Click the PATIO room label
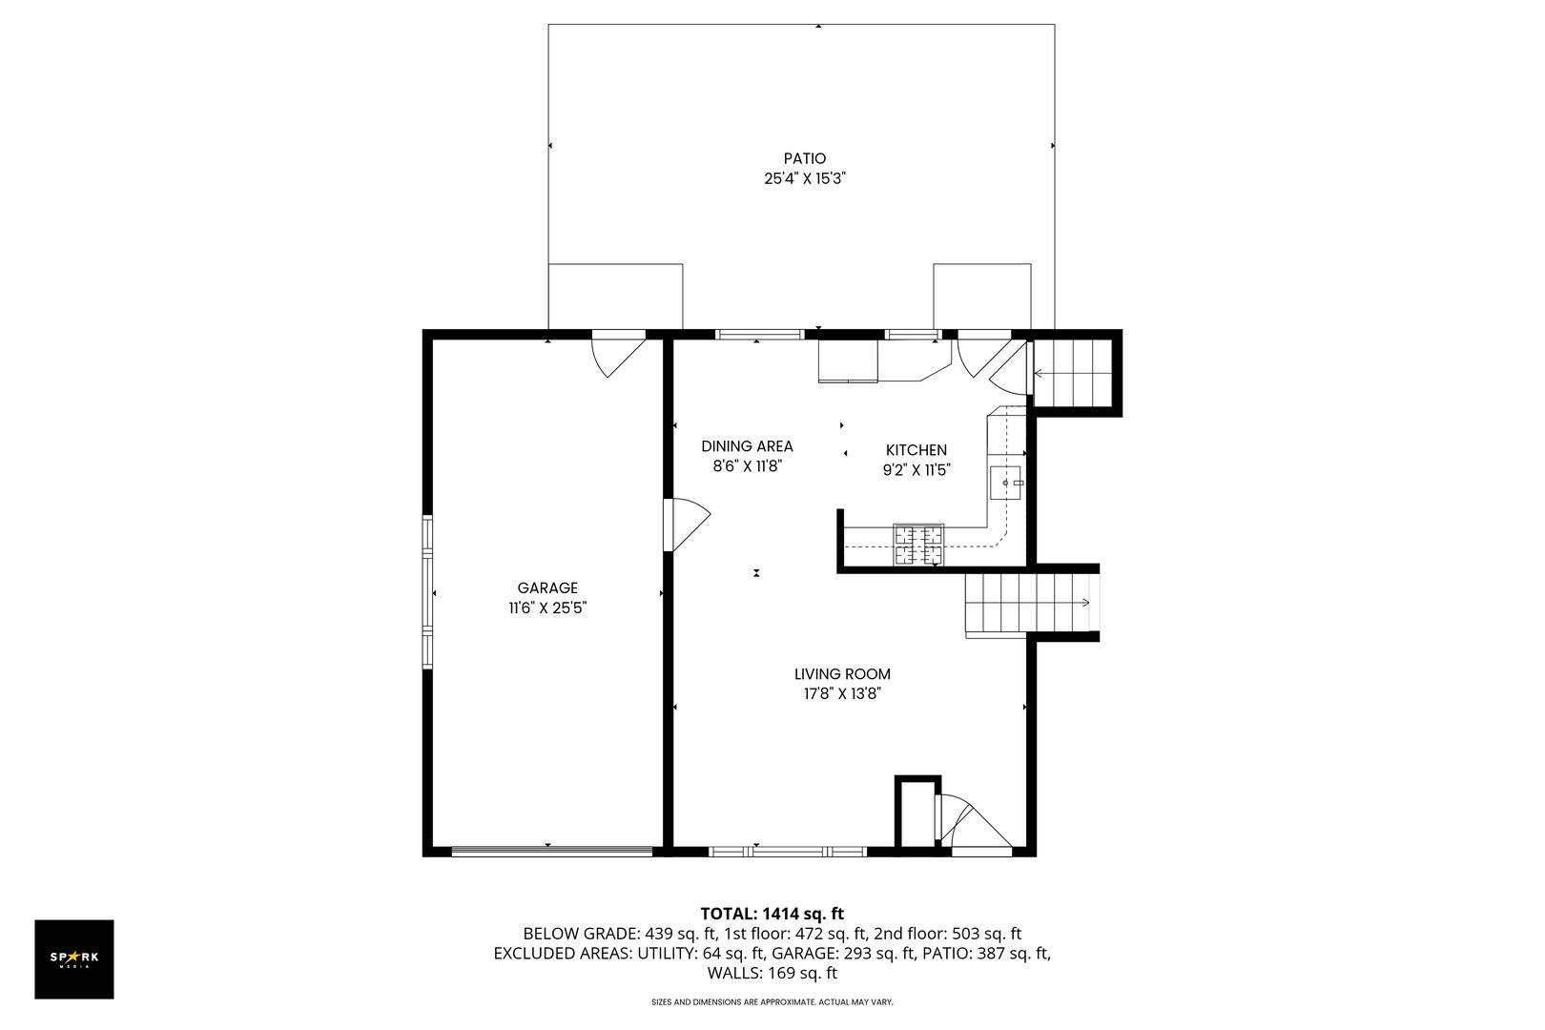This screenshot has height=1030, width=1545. [804, 158]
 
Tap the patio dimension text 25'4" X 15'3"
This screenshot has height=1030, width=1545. [805, 177]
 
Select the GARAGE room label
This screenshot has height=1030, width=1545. [547, 588]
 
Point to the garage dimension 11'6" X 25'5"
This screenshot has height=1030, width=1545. [547, 608]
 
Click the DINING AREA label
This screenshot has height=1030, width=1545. [747, 446]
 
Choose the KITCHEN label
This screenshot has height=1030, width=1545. [916, 450]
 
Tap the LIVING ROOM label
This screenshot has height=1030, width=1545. [842, 674]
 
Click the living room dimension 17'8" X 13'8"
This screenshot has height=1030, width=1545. [842, 694]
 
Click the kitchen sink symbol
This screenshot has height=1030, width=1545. [1005, 483]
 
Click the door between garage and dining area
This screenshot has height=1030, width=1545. [686, 524]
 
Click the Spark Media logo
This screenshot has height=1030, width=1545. [74, 958]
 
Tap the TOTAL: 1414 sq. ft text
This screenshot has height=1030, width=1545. [772, 914]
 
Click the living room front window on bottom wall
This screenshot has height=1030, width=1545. [787, 850]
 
